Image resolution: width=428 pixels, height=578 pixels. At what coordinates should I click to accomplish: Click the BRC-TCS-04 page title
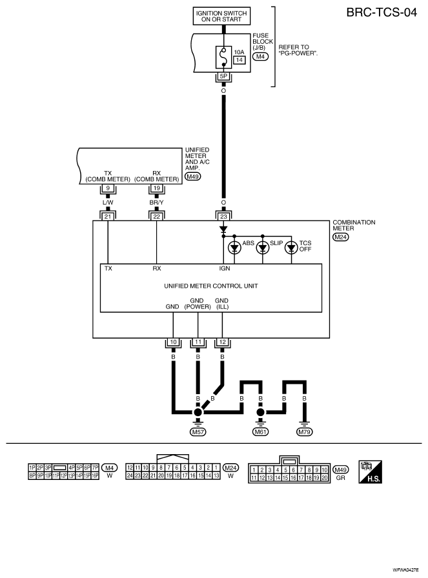382,12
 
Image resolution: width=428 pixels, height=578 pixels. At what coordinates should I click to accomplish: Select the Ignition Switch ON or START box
221,16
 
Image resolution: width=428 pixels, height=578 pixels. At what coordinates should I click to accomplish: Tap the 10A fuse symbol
223,57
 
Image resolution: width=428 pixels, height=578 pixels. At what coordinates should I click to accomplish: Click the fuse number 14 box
239,60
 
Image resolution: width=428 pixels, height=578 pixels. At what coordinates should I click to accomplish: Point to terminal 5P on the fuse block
223,76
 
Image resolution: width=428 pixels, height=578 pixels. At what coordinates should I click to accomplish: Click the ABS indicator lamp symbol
234,247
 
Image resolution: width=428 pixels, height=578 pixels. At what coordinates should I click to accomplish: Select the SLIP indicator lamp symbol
263,247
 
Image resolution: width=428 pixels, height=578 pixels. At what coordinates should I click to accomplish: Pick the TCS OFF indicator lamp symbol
292,247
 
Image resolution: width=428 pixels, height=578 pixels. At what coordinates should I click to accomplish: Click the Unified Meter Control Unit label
211,286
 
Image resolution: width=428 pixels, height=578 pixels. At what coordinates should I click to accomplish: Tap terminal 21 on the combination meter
108,216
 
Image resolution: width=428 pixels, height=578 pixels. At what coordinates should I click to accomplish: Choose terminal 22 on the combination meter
156,216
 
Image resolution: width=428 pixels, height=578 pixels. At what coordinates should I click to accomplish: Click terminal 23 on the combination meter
223,216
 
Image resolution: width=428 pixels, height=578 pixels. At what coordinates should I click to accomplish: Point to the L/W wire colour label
108,203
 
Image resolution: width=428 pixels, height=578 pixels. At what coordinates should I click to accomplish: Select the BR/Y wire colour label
156,203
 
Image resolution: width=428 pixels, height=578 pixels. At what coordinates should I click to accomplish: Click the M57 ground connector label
198,432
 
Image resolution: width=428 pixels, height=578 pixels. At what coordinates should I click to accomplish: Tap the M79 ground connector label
305,432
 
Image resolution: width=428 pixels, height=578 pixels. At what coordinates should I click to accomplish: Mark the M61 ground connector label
261,432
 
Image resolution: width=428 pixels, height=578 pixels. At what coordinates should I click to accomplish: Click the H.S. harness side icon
370,472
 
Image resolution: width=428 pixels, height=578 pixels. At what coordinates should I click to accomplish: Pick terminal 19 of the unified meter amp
156,188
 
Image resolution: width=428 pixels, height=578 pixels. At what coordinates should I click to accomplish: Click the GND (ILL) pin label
222,303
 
